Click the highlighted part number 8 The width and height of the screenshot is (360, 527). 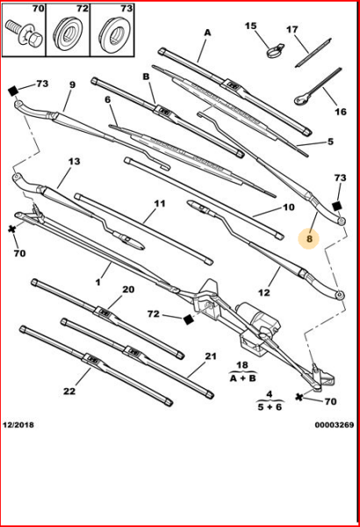pyautogui.click(x=310, y=239)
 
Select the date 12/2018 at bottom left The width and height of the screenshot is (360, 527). pyautogui.click(x=18, y=425)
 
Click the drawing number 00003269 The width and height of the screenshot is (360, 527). pyautogui.click(x=335, y=425)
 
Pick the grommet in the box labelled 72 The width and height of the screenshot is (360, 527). pyautogui.click(x=68, y=32)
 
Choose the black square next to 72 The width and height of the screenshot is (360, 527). pyautogui.click(x=189, y=320)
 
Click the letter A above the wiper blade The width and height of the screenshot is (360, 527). pyautogui.click(x=208, y=32)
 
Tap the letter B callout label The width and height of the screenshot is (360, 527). pyautogui.click(x=146, y=76)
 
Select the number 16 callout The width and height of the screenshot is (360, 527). pyautogui.click(x=341, y=112)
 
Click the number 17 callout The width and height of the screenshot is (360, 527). pyautogui.click(x=292, y=30)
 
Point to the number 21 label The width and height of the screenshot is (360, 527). pyautogui.click(x=211, y=356)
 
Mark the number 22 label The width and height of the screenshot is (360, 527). pyautogui.click(x=69, y=391)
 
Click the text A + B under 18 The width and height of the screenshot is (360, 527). pyautogui.click(x=242, y=378)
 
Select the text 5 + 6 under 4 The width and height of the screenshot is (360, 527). pyautogui.click(x=270, y=407)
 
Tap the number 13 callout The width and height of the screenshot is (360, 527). pyautogui.click(x=74, y=162)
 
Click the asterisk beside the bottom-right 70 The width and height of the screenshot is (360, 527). pyautogui.click(x=299, y=397)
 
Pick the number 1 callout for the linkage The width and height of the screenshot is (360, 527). pyautogui.click(x=97, y=282)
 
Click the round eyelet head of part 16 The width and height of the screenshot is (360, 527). pyautogui.click(x=299, y=99)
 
